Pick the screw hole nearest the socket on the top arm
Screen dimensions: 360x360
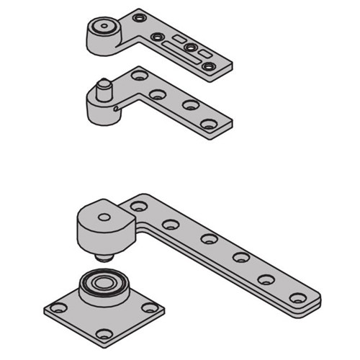tap(139, 16)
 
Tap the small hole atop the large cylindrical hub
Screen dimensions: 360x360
tap(105, 216)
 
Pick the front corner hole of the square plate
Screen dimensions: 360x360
tap(105, 333)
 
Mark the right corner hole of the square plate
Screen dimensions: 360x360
tap(149, 307)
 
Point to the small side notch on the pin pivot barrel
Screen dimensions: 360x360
tap(116, 109)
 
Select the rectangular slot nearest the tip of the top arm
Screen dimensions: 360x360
tap(204, 54)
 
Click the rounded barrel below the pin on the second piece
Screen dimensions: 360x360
tap(100, 109)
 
